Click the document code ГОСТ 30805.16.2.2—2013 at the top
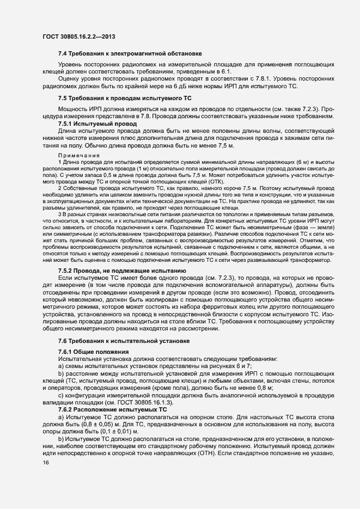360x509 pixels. (x=78, y=36)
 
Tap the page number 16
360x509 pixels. (x=45, y=463)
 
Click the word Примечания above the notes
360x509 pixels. (x=75, y=156)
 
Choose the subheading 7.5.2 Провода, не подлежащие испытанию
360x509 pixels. (x=123, y=271)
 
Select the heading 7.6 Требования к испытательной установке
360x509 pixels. (x=124, y=341)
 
